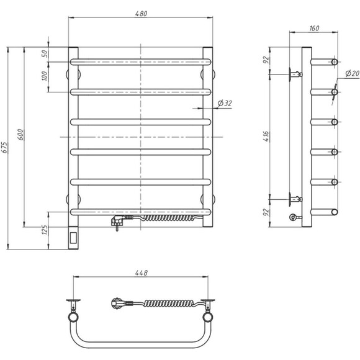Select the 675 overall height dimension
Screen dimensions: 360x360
(5, 147)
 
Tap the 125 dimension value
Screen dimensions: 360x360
(43, 231)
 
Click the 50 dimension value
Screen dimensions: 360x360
(43, 53)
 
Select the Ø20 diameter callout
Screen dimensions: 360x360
(352, 74)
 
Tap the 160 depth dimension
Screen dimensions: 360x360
(313, 28)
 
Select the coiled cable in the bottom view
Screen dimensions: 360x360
(170, 304)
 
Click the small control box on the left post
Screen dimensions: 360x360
(73, 236)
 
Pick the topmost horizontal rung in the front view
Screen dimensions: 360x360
(142, 61)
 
